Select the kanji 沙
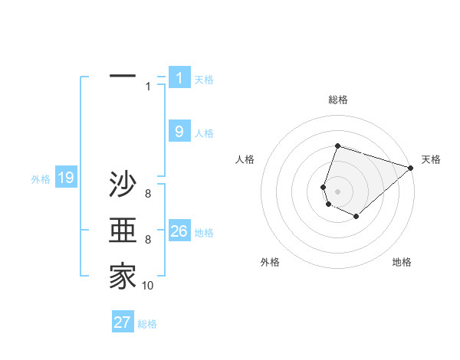[x=123, y=185]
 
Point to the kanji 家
[x=123, y=277]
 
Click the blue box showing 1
[x=179, y=77]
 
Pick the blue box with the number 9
[x=179, y=131]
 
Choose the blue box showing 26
[x=179, y=231]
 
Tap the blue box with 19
[x=65, y=178]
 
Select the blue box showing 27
[x=123, y=322]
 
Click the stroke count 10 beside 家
[x=147, y=286]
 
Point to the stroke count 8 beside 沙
[x=148, y=194]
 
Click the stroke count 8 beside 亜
[x=148, y=240]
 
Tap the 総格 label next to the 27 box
[x=147, y=324]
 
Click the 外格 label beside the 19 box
[x=41, y=179]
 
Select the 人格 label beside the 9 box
[x=204, y=133]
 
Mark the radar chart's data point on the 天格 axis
[x=411, y=168]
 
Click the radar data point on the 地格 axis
[x=356, y=217]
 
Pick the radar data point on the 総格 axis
[x=337, y=146]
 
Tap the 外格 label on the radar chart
[x=270, y=262]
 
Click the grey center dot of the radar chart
[x=337, y=191]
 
